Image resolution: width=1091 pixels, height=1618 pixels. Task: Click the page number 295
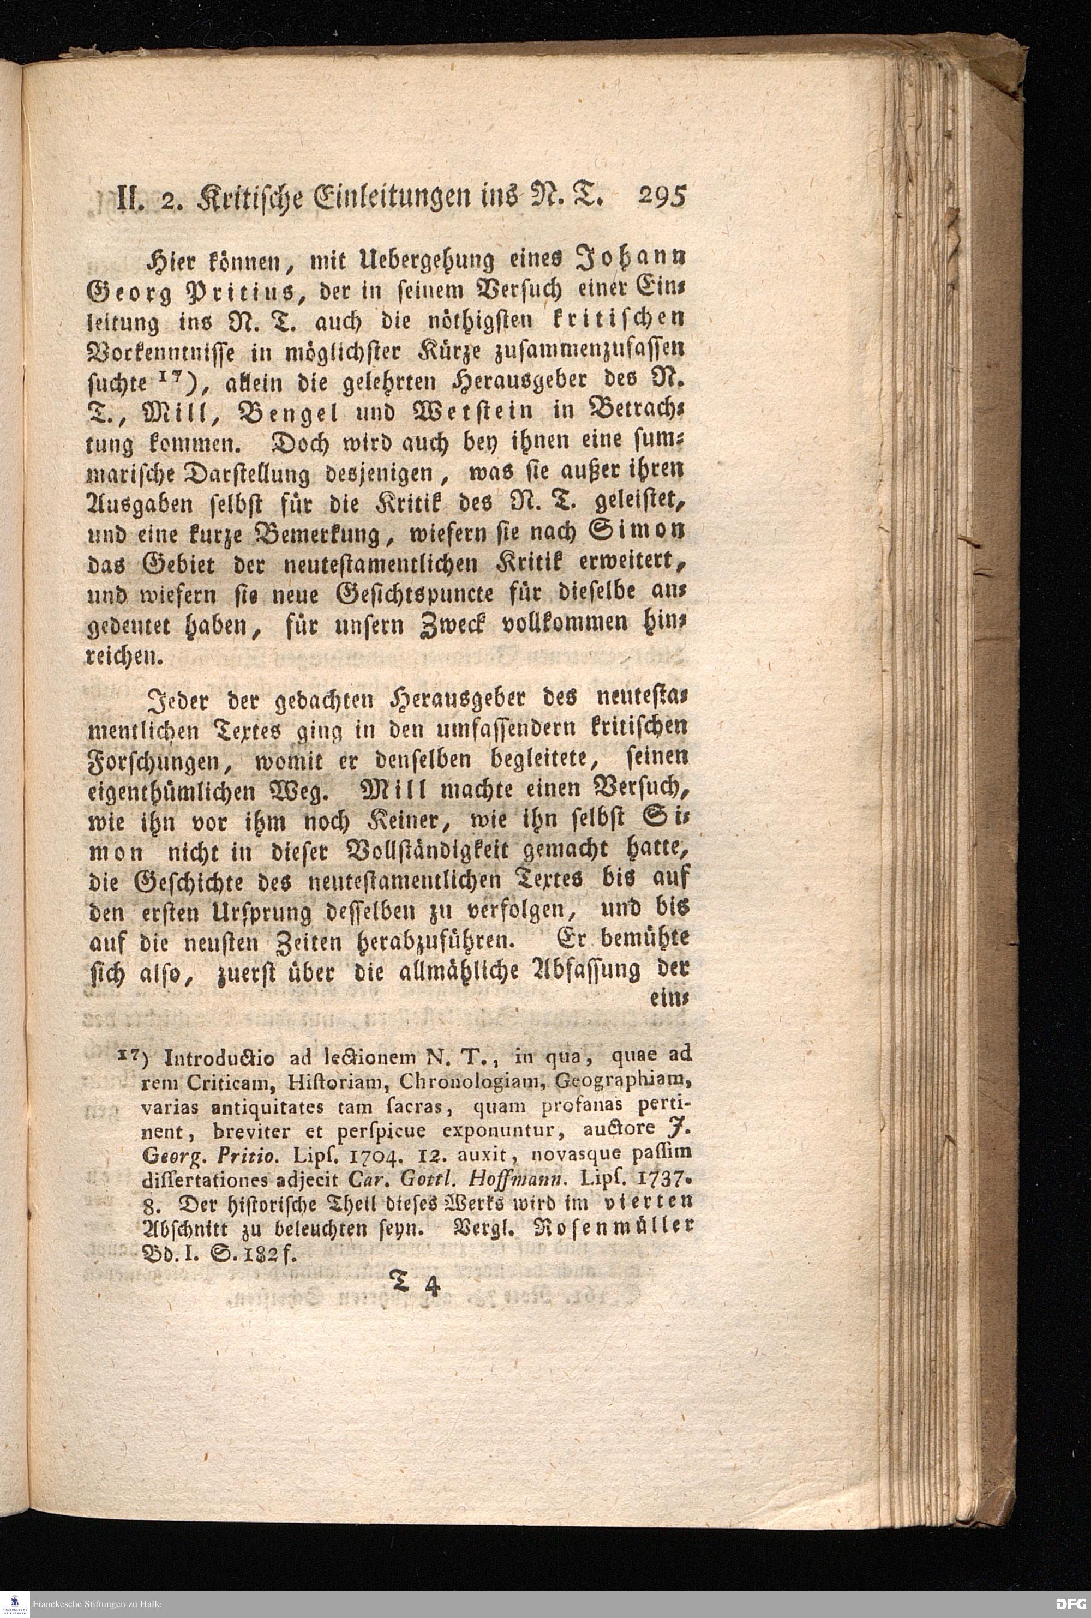coord(661,196)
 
